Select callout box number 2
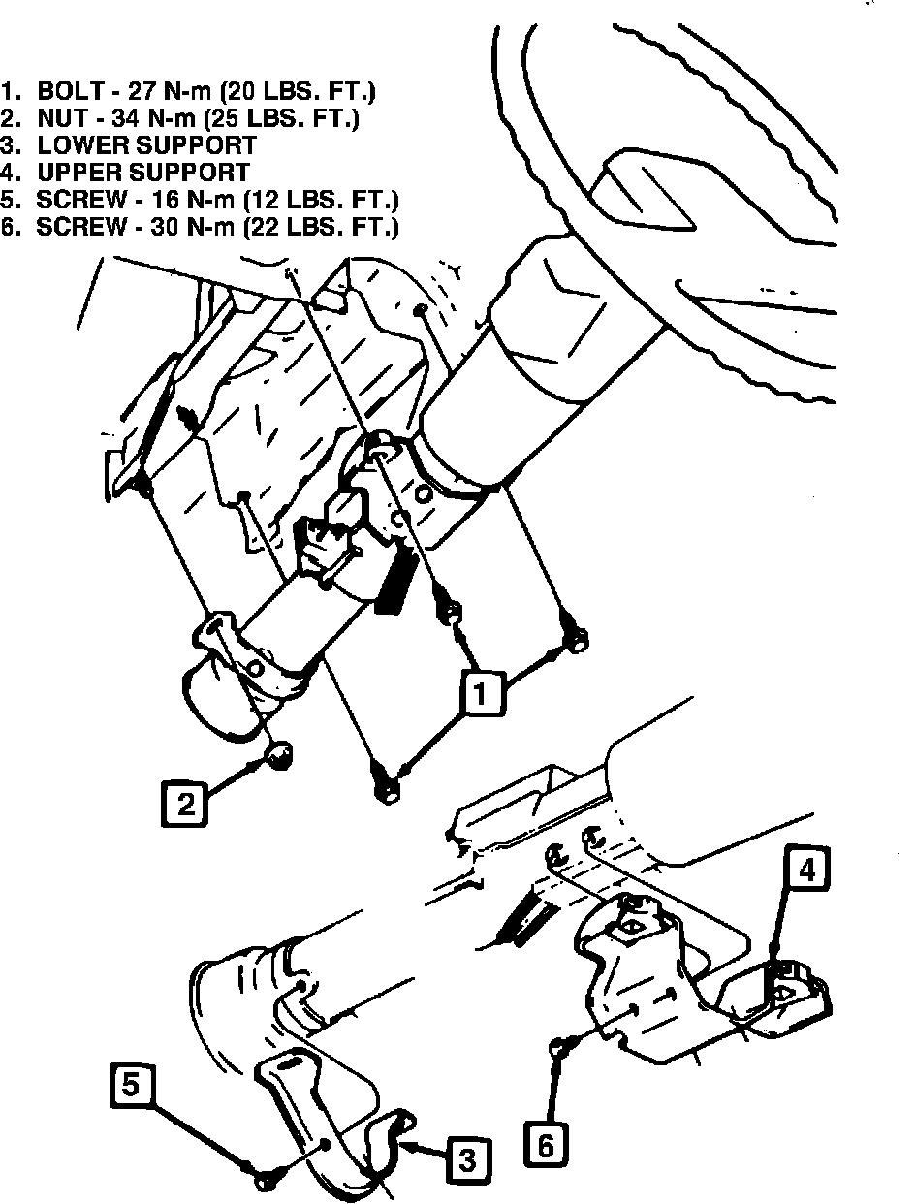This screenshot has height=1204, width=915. [185, 802]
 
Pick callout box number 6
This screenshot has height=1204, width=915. [546, 1146]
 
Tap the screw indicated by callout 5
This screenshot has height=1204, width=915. [264, 1180]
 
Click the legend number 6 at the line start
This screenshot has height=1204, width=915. [11, 228]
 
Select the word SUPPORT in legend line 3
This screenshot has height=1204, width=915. [196, 146]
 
